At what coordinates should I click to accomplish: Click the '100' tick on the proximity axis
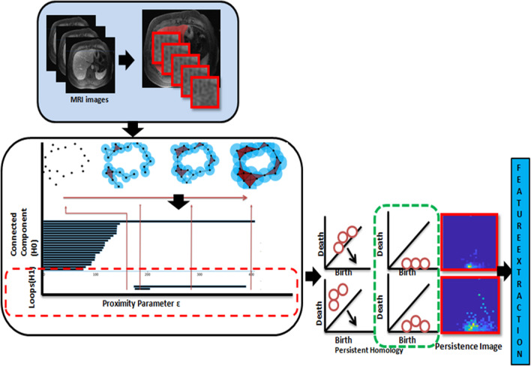point(95,276)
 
